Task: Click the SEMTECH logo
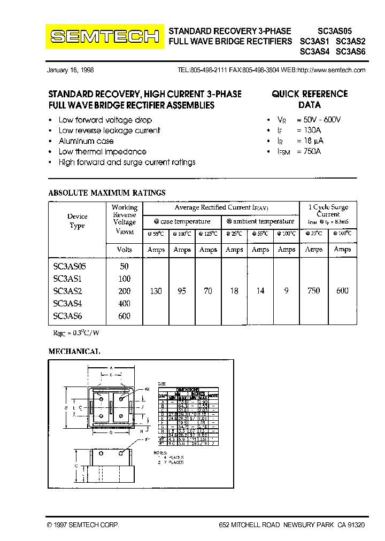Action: pos(104,36)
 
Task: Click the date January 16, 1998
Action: pos(70,70)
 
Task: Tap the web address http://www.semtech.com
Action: pos(331,70)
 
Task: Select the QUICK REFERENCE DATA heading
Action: pos(310,99)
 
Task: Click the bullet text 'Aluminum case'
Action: pos(86,141)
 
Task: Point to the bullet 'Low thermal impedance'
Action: pos(102,152)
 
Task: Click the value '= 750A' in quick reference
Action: pos(308,151)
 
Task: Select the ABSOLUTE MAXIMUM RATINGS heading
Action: pos(107,192)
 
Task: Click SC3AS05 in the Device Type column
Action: pos(70,266)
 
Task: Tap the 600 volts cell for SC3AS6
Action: pos(124,316)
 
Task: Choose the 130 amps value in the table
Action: pos(156,291)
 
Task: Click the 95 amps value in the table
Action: pos(182,291)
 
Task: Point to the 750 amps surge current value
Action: pos(313,291)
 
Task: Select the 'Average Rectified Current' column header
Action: pos(221,207)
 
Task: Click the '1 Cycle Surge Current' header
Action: pos(328,210)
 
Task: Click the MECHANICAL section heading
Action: pos(74,352)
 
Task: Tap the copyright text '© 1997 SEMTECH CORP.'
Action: pos(83,525)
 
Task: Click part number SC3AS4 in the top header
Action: pos(315,52)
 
